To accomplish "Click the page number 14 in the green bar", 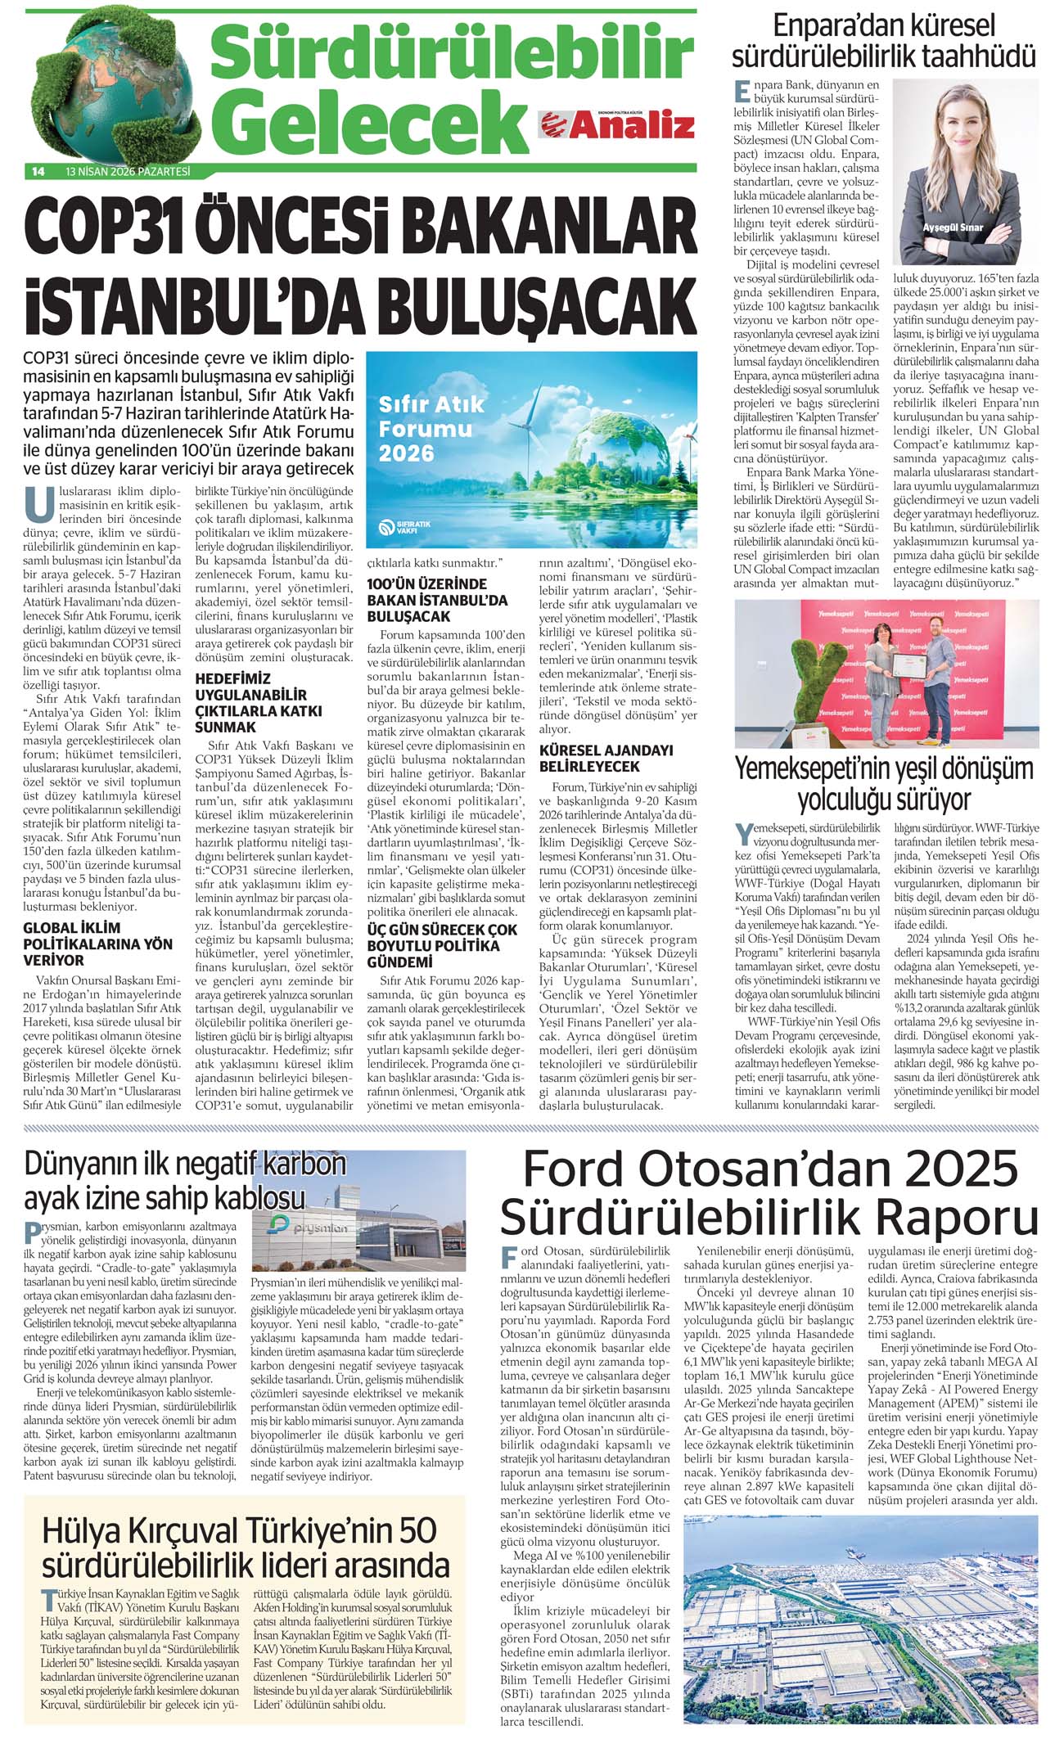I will point(38,172).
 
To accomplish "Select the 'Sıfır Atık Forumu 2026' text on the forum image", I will point(431,428).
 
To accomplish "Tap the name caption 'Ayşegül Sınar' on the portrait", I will point(953,227).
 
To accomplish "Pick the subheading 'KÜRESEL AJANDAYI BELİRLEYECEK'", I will point(606,758).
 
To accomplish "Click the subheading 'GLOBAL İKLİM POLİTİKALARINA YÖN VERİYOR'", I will point(97,944).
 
